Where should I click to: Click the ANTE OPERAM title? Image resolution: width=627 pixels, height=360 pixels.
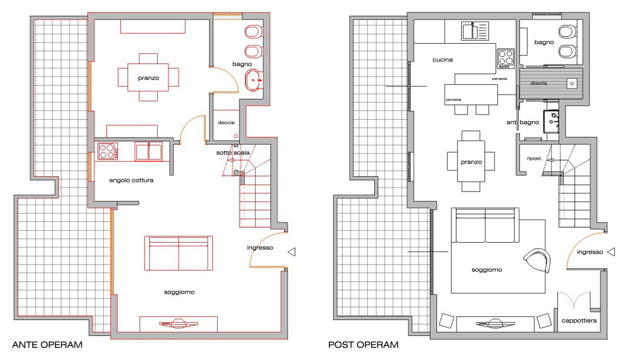point(47,345)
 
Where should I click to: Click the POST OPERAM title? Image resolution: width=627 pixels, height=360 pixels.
point(364,345)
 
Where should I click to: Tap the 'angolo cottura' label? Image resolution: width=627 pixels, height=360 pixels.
point(131,181)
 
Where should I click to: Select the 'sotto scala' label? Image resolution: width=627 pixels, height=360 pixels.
point(232,153)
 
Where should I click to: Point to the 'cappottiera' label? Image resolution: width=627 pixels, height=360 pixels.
point(579,321)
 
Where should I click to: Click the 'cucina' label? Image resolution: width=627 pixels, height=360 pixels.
point(443,60)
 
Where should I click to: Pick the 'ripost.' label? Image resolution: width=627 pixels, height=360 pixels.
point(535,159)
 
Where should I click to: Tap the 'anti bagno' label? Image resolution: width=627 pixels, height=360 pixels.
point(522,122)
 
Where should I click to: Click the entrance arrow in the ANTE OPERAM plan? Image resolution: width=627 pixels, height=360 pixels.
point(292,252)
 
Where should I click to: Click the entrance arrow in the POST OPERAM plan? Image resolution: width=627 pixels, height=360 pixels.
point(611,252)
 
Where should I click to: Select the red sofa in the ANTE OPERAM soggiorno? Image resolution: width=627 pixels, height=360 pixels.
point(179,253)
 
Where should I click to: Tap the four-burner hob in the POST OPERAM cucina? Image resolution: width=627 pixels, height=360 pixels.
point(506,58)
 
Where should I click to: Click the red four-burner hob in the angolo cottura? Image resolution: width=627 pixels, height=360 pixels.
point(108,151)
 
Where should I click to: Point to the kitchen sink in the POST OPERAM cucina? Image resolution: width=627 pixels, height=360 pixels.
point(475,31)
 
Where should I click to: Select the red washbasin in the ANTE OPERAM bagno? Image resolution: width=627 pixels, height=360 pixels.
point(254,80)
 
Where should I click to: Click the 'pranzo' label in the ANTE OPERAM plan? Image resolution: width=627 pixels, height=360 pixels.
point(148,78)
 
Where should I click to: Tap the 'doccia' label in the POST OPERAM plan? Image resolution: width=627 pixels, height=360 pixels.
point(538,83)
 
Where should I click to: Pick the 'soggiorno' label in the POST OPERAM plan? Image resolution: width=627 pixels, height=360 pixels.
point(486,270)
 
